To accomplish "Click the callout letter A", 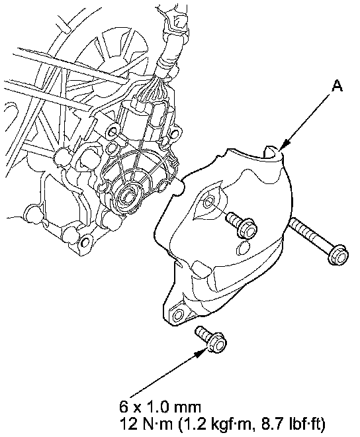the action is point(337,85).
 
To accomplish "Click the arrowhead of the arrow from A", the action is point(285,145).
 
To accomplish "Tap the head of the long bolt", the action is point(339,254).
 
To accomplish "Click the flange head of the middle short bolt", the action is point(247,229).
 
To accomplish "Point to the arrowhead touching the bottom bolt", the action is point(202,352).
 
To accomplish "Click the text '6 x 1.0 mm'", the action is point(160,407).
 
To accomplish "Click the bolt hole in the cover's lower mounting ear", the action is point(177,315).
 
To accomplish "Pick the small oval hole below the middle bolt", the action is point(242,248).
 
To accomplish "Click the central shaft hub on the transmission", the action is point(129,197).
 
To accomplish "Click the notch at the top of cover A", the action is point(270,151).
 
